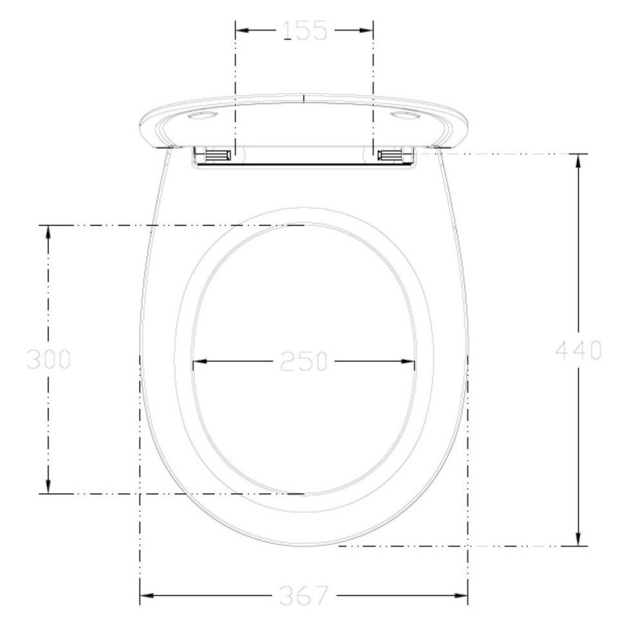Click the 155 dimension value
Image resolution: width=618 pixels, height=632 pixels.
[x=304, y=31]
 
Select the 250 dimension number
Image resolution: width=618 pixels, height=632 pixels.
[x=304, y=361]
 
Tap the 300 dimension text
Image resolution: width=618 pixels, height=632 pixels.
[x=48, y=359]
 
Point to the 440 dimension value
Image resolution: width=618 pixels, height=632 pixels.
[x=578, y=350]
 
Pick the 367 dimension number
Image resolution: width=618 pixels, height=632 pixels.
[x=304, y=596]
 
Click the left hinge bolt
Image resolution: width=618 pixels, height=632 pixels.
[x=218, y=154]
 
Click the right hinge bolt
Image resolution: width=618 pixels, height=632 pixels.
[x=390, y=154]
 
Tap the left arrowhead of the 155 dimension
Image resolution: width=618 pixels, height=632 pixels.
[x=242, y=30]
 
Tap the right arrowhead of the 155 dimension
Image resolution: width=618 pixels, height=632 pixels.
[x=366, y=30]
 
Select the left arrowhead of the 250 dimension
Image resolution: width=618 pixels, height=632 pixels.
[x=200, y=361]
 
